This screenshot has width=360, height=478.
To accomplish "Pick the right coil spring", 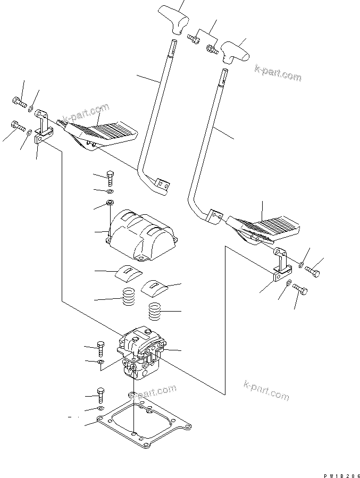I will click(x=155, y=311).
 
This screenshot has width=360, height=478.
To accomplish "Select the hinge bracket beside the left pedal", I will click(x=43, y=129).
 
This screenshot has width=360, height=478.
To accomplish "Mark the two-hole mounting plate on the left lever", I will click(x=162, y=185).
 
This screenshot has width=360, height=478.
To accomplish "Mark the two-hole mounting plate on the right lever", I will click(x=213, y=216).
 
